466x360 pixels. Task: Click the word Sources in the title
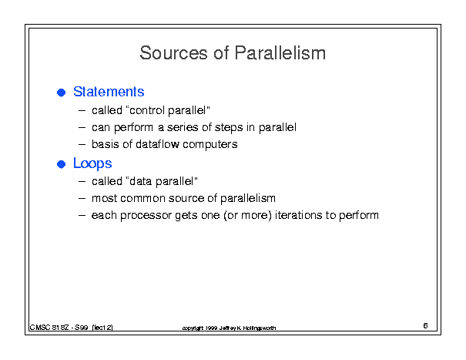173,53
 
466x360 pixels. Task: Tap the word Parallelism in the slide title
280,53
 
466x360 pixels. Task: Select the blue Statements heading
109,92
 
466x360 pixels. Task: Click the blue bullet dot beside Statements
61,93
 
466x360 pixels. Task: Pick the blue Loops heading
92,164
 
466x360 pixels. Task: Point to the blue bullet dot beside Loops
61,164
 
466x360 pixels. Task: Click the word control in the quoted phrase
147,110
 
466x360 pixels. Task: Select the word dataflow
157,144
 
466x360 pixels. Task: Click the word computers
210,145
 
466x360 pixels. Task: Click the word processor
146,216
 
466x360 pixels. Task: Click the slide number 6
426,325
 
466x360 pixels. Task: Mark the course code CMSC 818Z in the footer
49,328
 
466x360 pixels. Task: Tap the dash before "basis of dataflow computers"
82,145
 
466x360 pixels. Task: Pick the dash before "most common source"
82,198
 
